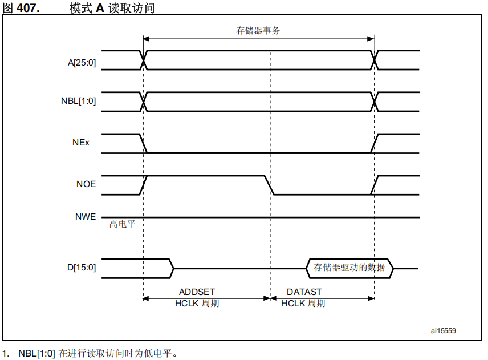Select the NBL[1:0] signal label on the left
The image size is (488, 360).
click(x=78, y=102)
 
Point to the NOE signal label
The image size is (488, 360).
click(x=86, y=184)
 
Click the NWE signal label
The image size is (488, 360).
click(x=86, y=217)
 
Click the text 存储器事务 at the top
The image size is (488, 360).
click(x=258, y=31)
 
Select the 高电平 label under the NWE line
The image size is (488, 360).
click(x=123, y=225)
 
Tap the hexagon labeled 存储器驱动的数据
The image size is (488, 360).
click(x=349, y=268)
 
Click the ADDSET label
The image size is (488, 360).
click(x=197, y=292)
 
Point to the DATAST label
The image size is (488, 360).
click(x=304, y=292)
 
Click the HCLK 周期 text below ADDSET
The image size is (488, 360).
click(x=197, y=304)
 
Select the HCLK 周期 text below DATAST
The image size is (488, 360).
click(x=303, y=304)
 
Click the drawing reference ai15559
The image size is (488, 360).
click(x=443, y=330)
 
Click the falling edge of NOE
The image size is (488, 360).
click(x=269, y=185)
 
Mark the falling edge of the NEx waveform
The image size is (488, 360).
click(x=143, y=143)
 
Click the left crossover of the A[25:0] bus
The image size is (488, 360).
click(x=144, y=60)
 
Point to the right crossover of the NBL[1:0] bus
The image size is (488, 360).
click(x=375, y=102)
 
